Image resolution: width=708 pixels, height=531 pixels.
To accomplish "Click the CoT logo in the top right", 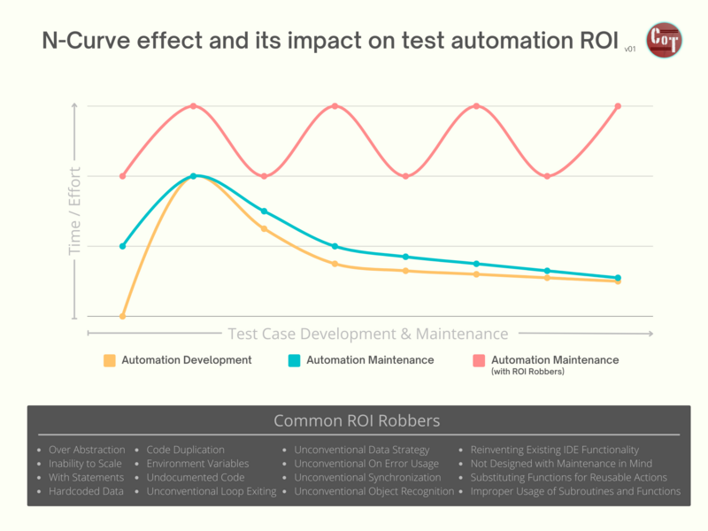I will coord(664,41).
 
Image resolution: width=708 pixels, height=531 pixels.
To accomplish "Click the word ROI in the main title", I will coord(590,42).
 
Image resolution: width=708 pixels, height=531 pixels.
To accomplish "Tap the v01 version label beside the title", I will coord(630,50).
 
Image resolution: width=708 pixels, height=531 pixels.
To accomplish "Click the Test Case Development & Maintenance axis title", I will coord(368,334).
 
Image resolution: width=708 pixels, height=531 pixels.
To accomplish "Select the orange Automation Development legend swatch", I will coord(110,360).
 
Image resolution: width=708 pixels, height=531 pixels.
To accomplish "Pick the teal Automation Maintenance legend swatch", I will coord(295,360).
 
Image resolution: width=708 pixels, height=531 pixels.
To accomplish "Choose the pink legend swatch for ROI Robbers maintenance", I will coord(479,360).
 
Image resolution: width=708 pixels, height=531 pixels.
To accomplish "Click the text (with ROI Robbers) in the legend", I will coord(527,372).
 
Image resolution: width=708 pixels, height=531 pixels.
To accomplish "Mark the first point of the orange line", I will coord(123,316).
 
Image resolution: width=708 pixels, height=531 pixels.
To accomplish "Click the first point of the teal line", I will coord(123,246).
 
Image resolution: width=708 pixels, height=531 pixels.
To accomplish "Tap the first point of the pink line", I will coord(123,176).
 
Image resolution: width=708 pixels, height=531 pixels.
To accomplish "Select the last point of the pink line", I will coord(618,106).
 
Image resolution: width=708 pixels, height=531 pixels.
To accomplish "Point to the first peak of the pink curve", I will coord(194,106).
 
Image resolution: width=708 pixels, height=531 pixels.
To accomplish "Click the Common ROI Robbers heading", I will coord(357,420).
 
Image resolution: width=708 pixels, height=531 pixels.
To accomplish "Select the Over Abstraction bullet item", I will coord(87,450).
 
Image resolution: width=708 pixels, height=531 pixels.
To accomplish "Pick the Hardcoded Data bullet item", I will coord(86,490).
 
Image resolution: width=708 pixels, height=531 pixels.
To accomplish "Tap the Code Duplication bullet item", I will coord(185,450).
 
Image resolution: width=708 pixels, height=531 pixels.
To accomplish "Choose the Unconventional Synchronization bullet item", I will coord(367,477).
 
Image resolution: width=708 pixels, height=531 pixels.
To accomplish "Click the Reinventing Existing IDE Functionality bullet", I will coord(554,450).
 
